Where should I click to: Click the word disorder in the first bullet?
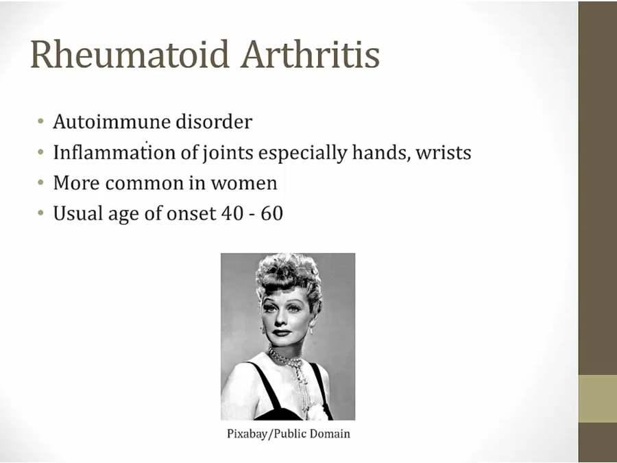(x=213, y=122)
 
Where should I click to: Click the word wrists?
(x=444, y=152)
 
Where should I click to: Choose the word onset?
(x=191, y=213)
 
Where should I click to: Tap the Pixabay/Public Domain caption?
(x=288, y=434)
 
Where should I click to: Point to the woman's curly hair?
(x=288, y=278)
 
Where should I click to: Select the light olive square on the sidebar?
(x=597, y=399)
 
